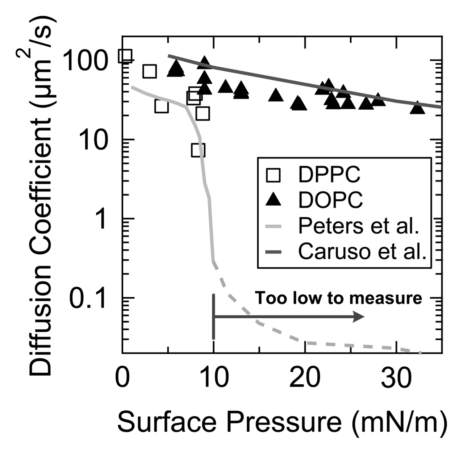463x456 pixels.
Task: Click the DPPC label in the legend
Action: click(329, 174)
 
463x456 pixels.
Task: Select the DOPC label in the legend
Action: click(330, 200)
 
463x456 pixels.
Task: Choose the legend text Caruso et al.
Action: click(362, 252)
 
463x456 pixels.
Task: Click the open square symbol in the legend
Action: click(273, 175)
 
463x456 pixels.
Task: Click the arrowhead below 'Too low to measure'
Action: click(359, 317)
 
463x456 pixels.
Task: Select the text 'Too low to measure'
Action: click(339, 298)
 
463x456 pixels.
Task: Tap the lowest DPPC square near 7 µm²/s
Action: click(198, 150)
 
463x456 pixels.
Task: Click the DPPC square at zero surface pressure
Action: click(125, 56)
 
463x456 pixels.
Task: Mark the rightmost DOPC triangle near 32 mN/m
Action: click(417, 107)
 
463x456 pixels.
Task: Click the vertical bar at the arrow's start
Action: click(213, 317)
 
